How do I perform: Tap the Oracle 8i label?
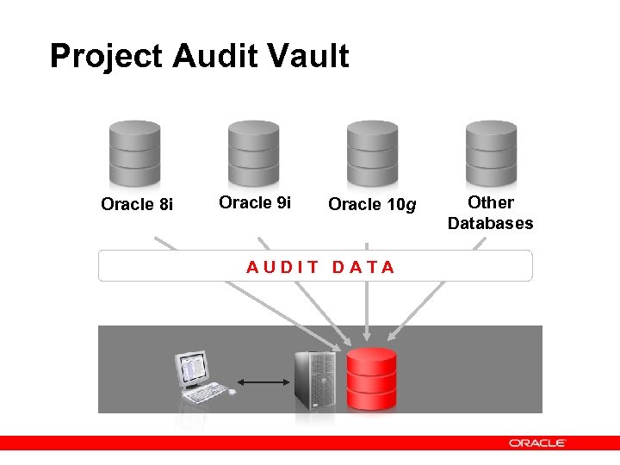(137, 205)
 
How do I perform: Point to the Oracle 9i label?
(255, 203)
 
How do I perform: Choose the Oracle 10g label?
(372, 205)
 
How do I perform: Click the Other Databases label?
(490, 213)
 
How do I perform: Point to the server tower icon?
(315, 380)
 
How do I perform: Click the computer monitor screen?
(193, 368)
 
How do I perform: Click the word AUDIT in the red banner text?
(282, 267)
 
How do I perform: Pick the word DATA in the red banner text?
(363, 267)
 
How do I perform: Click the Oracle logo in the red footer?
(536, 443)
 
